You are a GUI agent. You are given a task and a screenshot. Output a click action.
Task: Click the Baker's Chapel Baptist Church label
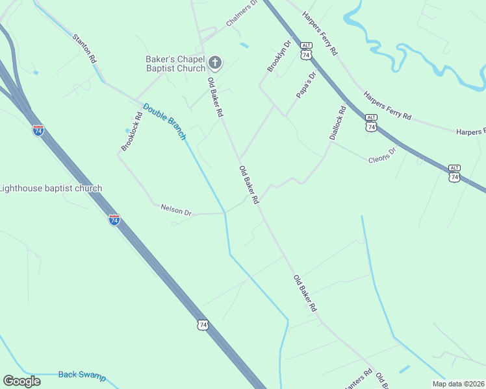pyautogui.click(x=175, y=63)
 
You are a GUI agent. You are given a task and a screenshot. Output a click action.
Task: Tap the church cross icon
pyautogui.click(x=216, y=64)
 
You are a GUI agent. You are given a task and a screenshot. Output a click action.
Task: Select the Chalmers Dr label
pyautogui.click(x=242, y=14)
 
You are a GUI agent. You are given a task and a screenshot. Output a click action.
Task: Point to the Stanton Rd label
pyautogui.click(x=85, y=49)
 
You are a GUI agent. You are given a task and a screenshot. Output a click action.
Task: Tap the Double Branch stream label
pyautogui.click(x=164, y=121)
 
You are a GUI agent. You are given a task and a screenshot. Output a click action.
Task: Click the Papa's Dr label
pyautogui.click(x=305, y=85)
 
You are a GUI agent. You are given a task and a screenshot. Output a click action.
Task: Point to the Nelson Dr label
pyautogui.click(x=176, y=211)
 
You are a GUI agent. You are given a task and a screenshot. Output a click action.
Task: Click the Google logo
pyautogui.click(x=21, y=381)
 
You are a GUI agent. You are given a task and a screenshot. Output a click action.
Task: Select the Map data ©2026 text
pyautogui.click(x=458, y=384)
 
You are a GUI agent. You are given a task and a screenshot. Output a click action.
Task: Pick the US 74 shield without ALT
pyautogui.click(x=203, y=324)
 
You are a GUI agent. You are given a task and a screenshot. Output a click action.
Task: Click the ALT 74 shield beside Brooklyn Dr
pyautogui.click(x=306, y=52)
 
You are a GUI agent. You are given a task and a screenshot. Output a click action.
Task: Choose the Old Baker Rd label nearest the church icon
pyautogui.click(x=215, y=97)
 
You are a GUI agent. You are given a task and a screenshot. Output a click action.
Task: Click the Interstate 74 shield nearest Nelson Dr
pyautogui.click(x=114, y=219)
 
